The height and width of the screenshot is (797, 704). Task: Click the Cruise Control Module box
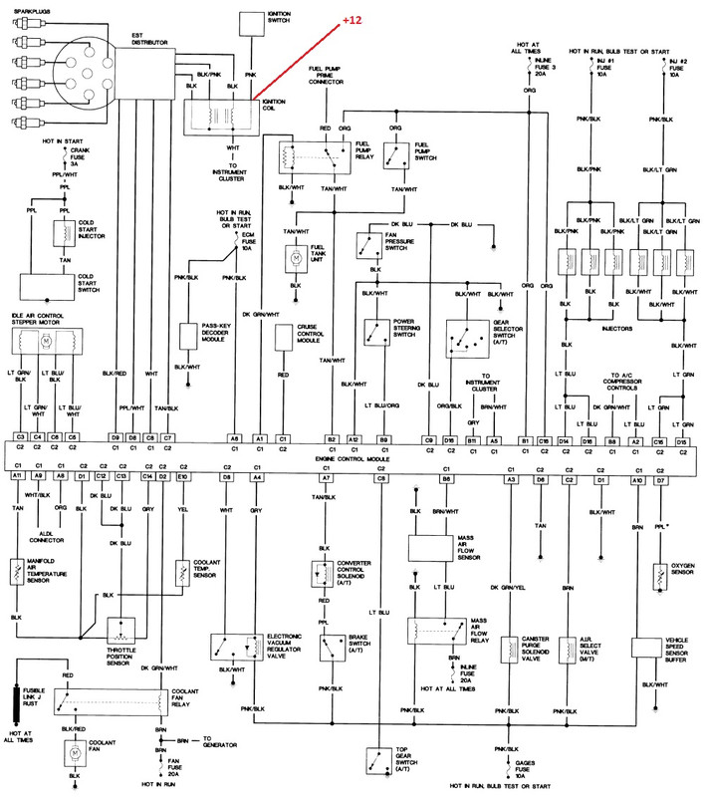(283, 337)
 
